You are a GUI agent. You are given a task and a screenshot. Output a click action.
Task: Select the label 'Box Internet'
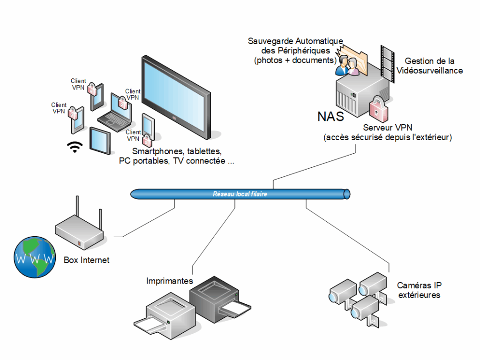pos(87,260)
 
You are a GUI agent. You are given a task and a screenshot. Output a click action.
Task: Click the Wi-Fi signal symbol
pos(74,148)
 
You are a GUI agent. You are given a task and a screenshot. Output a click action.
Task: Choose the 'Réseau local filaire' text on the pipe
pos(240,194)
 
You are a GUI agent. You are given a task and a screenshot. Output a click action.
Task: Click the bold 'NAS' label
pos(331,116)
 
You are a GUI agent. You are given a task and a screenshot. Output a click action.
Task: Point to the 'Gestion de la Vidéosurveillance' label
pos(429,66)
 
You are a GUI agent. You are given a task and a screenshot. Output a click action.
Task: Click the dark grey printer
pos(216,298)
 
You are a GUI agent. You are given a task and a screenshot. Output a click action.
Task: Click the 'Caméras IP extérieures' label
pos(419,290)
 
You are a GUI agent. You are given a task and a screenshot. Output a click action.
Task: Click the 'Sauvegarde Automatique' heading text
pos(295,41)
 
